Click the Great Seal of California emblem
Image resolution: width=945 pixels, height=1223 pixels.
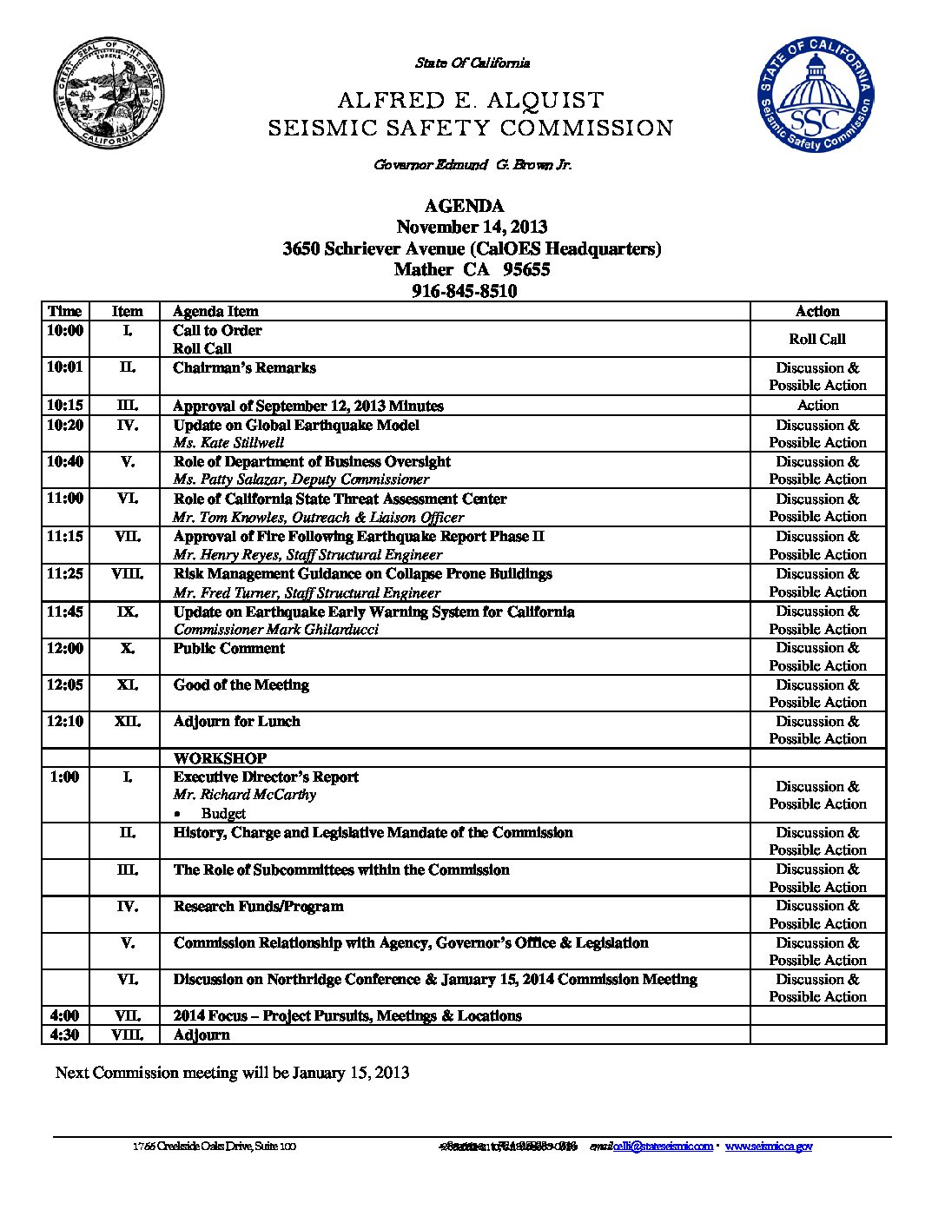(x=109, y=93)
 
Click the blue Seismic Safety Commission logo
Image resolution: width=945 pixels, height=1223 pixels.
(x=815, y=95)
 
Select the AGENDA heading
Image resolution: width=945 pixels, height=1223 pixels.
(x=464, y=206)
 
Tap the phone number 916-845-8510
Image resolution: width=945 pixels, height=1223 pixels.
(x=464, y=291)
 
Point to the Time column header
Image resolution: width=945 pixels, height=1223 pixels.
(x=65, y=311)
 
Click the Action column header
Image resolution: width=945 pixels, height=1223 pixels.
(x=817, y=311)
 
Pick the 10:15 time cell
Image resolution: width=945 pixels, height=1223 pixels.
(x=65, y=406)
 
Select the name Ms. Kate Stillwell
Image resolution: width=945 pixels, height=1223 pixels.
(x=228, y=443)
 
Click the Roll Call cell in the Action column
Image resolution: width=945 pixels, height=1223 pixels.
(x=817, y=339)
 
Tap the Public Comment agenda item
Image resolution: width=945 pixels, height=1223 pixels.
(x=229, y=649)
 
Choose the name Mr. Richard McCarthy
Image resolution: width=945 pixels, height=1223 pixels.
(x=245, y=795)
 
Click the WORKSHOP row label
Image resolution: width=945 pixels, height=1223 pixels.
(x=220, y=758)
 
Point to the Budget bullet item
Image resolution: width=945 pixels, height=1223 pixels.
(x=223, y=814)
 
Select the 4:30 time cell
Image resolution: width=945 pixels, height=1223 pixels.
(x=65, y=1035)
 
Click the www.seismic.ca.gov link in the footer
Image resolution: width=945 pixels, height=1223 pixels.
(x=769, y=1147)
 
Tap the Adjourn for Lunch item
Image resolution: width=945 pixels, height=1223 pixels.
(x=236, y=722)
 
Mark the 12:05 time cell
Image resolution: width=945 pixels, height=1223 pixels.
(x=65, y=685)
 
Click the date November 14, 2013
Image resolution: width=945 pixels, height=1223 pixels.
(x=472, y=227)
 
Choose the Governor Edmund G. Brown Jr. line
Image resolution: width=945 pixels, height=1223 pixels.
(x=472, y=165)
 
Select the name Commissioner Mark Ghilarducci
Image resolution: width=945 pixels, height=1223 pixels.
(x=276, y=630)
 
